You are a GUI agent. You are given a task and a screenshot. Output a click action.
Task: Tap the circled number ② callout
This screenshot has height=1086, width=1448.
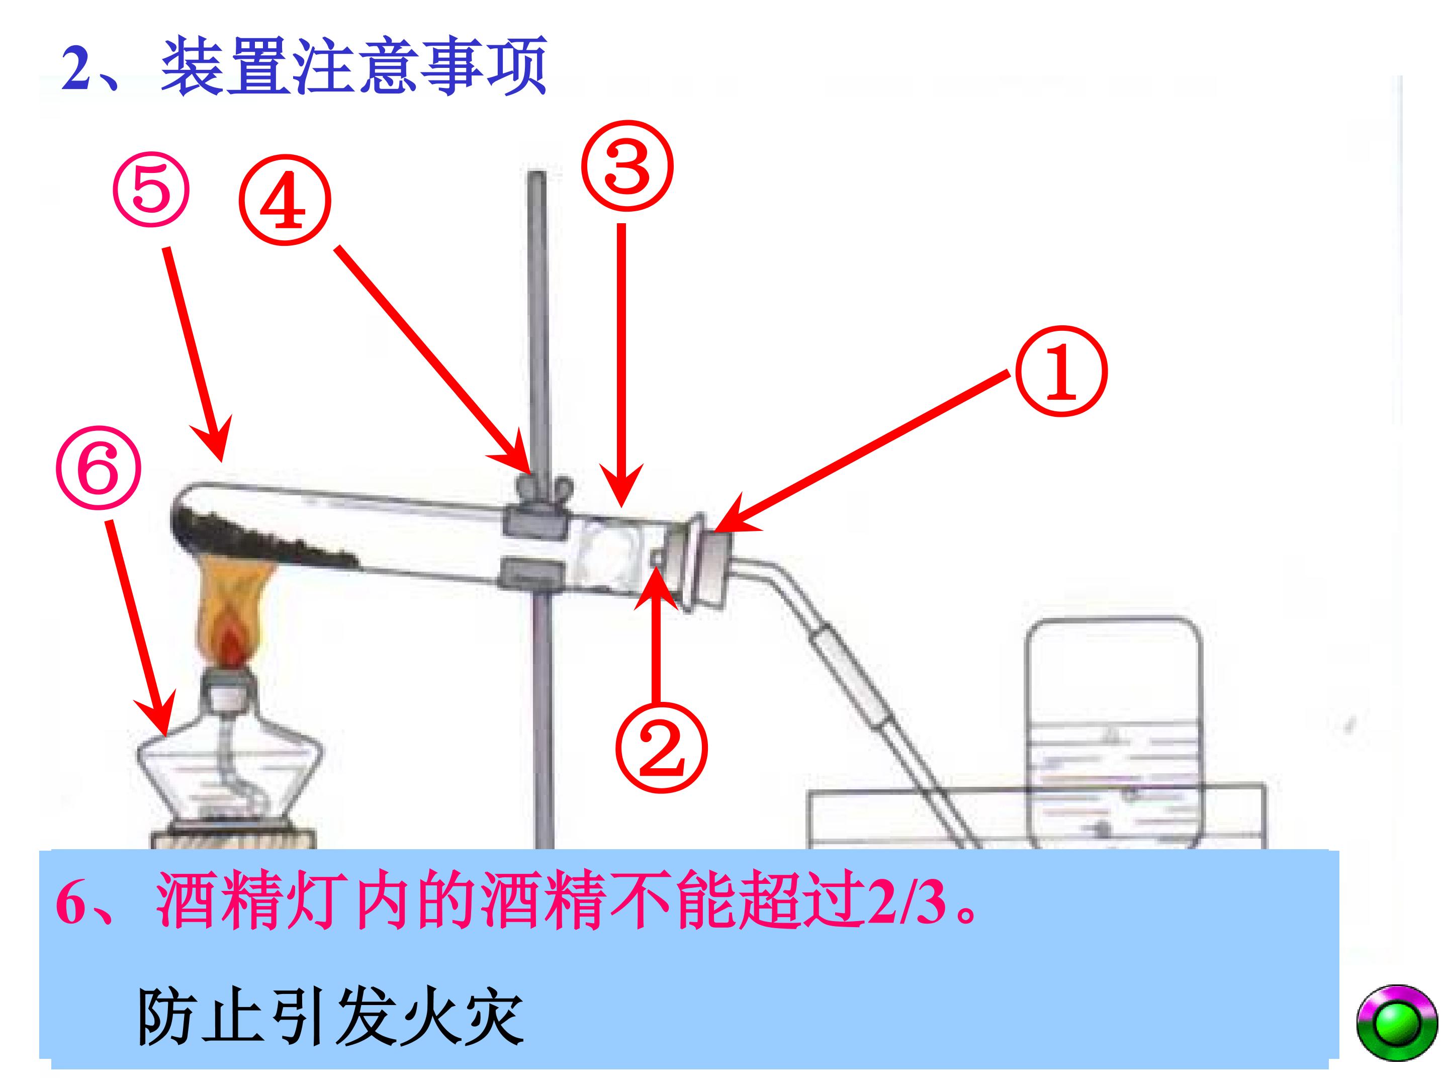[661, 748]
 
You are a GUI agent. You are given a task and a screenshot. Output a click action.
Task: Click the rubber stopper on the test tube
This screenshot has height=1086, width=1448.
[699, 562]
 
